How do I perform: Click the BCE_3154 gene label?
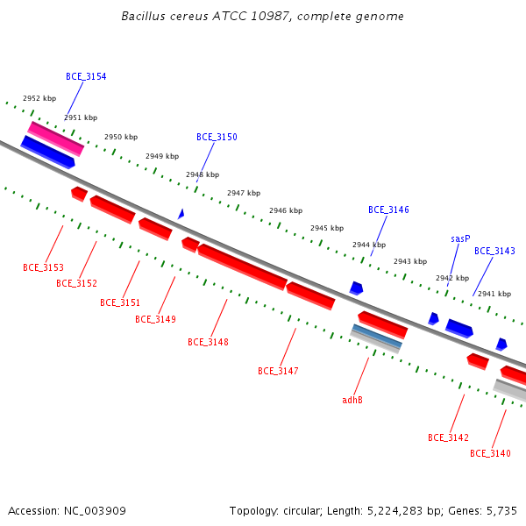tap(86, 76)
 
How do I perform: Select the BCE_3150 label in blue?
tap(217, 137)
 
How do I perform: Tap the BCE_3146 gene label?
tap(388, 210)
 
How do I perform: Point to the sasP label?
tap(460, 238)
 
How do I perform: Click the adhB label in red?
tap(352, 400)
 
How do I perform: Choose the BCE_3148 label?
tap(208, 342)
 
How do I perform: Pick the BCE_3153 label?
tap(43, 267)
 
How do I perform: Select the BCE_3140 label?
tap(490, 453)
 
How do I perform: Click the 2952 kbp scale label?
tap(39, 98)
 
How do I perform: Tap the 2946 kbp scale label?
tap(286, 210)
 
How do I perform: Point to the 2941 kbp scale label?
tap(494, 294)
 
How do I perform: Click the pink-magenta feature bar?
tap(56, 139)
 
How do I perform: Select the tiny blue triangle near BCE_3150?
tap(181, 214)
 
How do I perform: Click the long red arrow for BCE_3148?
tap(243, 267)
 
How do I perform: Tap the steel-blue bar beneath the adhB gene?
tap(377, 337)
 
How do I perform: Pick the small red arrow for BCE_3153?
tap(79, 195)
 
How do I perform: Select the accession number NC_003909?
tap(95, 511)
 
